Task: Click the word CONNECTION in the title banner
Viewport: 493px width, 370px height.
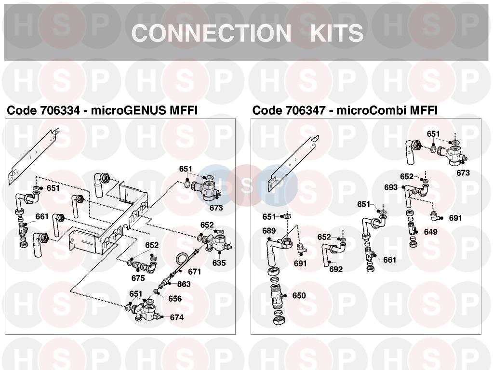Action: tap(210, 33)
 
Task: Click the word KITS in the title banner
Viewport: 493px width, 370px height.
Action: tap(336, 33)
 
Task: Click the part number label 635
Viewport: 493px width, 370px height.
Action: tap(219, 263)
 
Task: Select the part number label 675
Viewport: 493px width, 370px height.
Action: tap(138, 278)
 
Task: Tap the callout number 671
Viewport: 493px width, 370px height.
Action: tap(194, 272)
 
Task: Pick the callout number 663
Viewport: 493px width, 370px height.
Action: tap(184, 284)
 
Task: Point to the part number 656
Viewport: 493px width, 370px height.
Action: tap(175, 299)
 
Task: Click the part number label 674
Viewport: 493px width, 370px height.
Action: tap(177, 317)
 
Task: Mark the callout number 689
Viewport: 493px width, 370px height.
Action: tap(269, 231)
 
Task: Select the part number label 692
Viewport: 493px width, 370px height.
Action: tap(336, 269)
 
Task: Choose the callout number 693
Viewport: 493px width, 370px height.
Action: tap(391, 187)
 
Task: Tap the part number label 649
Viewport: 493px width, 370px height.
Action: tap(430, 232)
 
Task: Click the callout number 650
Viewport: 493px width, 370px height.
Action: tap(299, 296)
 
